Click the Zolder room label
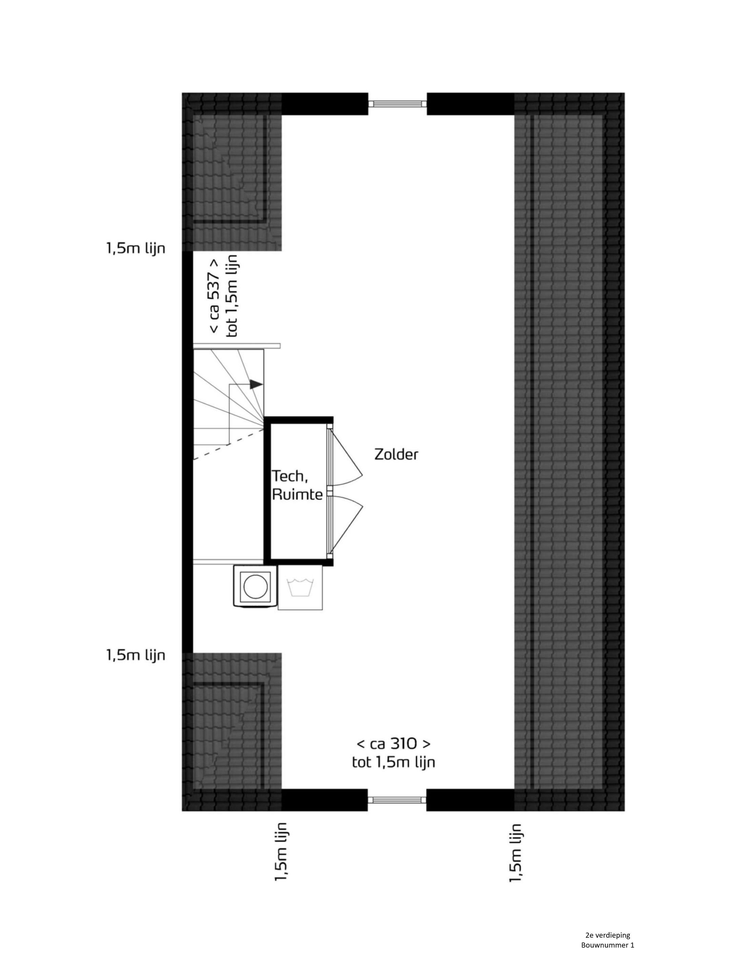click(396, 454)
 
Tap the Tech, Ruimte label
click(297, 485)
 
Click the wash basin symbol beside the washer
click(300, 588)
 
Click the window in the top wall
click(397, 104)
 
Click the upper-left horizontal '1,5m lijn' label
click(136, 248)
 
